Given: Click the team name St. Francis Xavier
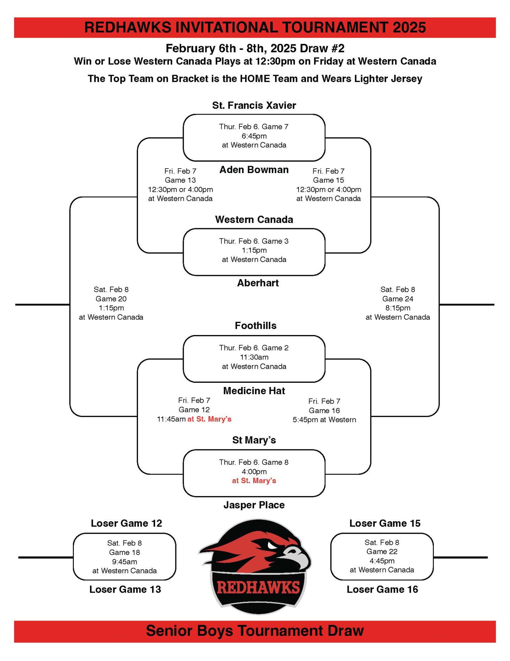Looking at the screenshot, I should tap(254, 105).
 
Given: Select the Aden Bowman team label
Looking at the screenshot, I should tap(254, 170).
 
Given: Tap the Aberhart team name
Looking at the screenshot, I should tap(258, 283).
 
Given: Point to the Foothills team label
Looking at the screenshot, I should tap(255, 326).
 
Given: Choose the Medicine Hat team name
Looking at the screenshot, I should tap(254, 391).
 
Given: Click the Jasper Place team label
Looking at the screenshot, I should tap(254, 505).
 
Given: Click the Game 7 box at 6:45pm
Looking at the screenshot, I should tap(254, 137).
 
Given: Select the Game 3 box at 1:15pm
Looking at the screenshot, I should tap(254, 251).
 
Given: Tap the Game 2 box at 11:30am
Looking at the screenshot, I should tap(254, 358).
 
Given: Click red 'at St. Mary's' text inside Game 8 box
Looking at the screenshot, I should tap(254, 481).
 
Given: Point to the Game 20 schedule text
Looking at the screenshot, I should tap(111, 303).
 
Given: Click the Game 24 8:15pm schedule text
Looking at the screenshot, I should tap(397, 303).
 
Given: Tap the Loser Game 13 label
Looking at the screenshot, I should tap(125, 589).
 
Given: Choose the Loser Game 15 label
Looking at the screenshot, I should tap(385, 523).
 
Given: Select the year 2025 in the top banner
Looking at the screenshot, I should tap(409, 27).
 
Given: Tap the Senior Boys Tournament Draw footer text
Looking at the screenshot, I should tap(255, 630).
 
